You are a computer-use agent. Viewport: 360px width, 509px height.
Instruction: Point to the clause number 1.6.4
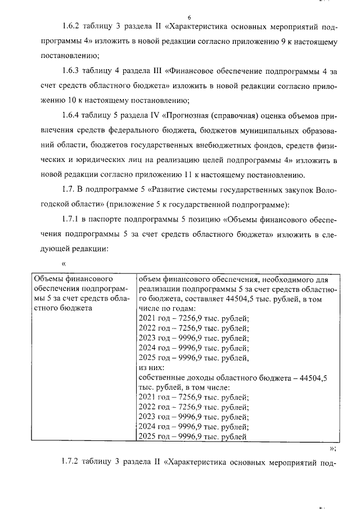pos(71,117)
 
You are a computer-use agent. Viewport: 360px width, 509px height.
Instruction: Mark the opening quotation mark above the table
pos(64,263)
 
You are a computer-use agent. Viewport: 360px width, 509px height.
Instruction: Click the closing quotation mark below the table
pos(332,448)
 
